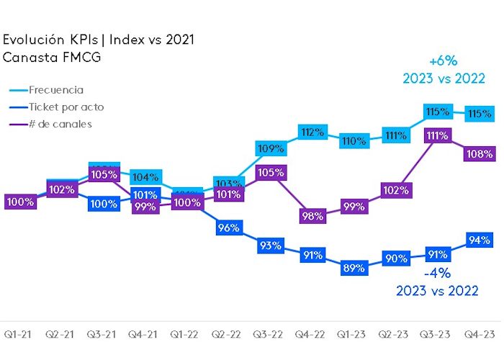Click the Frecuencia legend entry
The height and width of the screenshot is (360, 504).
click(x=56, y=90)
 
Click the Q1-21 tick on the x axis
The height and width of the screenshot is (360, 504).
click(x=17, y=335)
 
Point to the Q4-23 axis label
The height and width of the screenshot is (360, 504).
click(x=478, y=335)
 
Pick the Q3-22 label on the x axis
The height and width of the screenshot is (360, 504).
click(x=269, y=335)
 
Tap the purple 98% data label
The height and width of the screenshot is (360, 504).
click(x=313, y=215)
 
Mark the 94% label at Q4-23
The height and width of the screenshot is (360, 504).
click(x=479, y=240)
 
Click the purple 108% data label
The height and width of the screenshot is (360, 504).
click(x=479, y=153)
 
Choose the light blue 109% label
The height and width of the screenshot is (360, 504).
click(x=270, y=148)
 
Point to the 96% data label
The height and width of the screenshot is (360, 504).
click(x=228, y=228)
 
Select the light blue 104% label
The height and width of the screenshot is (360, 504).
click(x=146, y=178)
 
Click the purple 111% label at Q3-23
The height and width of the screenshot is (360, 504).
click(x=437, y=135)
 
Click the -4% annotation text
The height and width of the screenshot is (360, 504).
click(x=436, y=274)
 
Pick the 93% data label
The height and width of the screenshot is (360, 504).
click(x=270, y=246)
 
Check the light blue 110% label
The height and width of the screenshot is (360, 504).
click(x=354, y=141)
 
